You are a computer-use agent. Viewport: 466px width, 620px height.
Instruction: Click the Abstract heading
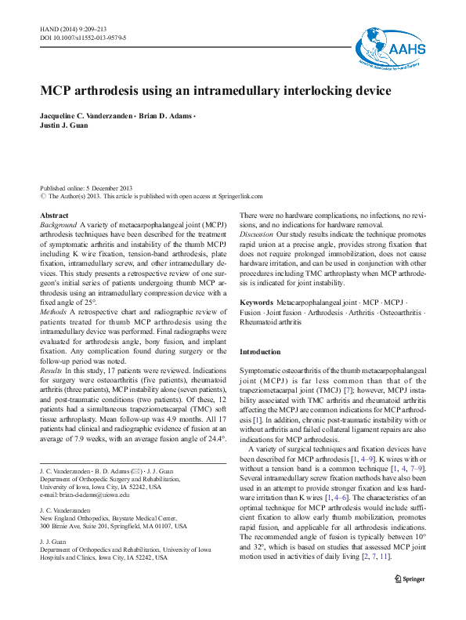coord(53,215)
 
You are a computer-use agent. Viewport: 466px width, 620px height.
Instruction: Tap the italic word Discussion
coord(257,234)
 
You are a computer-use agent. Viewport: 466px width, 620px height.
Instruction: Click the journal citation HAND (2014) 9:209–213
coord(75,28)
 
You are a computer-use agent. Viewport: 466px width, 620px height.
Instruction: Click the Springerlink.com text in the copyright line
coord(240,197)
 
